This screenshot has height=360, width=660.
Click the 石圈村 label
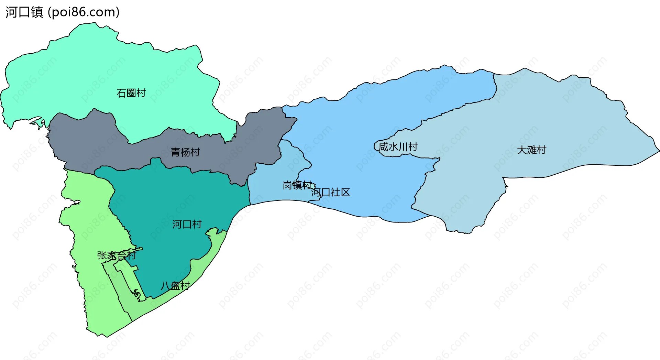point(131,93)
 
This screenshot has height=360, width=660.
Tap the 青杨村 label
point(185,152)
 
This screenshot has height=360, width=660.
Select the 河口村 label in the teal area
point(187,224)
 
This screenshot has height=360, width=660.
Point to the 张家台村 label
point(116,255)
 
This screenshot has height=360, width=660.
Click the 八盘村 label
point(175,285)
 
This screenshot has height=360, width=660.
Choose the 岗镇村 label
point(297,185)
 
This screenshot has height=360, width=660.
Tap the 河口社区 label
point(330,192)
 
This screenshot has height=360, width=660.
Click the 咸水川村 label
point(398,147)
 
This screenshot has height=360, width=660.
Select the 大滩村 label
point(531,150)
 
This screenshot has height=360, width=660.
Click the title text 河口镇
point(24,12)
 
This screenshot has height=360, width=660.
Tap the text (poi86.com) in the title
point(84,12)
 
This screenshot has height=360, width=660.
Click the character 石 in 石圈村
point(121,93)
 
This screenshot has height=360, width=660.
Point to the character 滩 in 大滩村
point(531,150)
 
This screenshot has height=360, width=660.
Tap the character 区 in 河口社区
point(345,192)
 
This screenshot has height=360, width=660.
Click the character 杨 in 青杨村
point(185,152)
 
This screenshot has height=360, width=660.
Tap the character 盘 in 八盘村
point(175,285)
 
